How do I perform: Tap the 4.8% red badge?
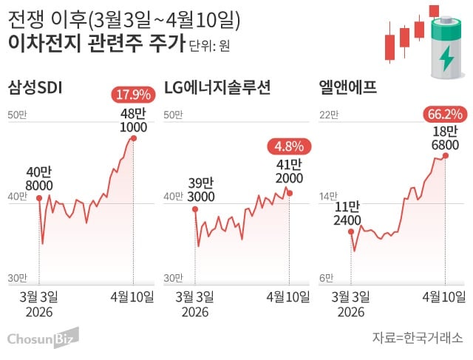click(290, 146)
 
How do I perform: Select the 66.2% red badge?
click(444, 114)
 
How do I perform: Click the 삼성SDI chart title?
click(35, 89)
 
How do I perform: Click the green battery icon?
click(446, 49)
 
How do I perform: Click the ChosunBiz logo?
click(42, 338)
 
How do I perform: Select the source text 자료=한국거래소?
click(418, 339)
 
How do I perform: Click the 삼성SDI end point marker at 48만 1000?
click(134, 138)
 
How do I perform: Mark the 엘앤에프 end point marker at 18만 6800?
click(445, 155)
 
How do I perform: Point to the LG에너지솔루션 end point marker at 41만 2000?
click(290, 193)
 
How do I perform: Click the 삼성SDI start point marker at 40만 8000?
click(38, 197)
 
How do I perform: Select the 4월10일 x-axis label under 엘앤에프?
click(443, 297)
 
